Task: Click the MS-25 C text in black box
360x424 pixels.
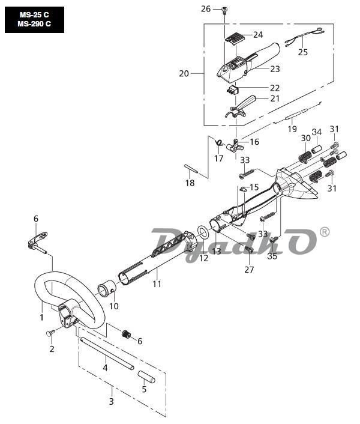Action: [34, 14]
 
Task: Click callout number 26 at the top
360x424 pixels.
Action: [206, 9]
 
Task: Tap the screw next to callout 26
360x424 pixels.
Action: [224, 10]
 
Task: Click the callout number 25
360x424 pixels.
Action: [303, 52]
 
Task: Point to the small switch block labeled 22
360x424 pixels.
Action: [232, 89]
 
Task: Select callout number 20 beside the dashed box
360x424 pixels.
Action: [184, 73]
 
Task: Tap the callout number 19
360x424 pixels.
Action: [292, 129]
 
